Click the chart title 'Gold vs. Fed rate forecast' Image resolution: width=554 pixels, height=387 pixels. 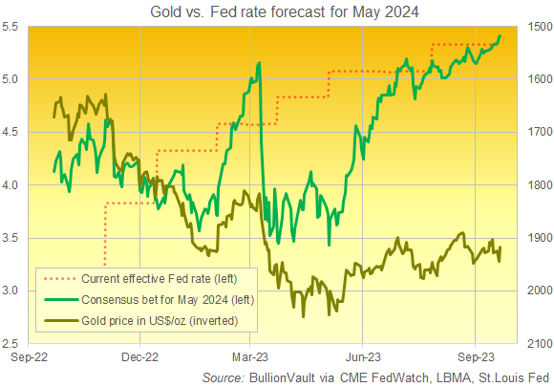point(276,11)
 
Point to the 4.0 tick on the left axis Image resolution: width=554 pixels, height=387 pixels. point(13,185)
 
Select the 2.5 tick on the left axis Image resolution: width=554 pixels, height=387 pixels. point(13,343)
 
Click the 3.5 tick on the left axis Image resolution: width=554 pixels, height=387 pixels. point(13,238)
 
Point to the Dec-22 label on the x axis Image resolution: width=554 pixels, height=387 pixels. point(140,358)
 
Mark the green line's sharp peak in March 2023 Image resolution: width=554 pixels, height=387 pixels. point(260,63)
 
